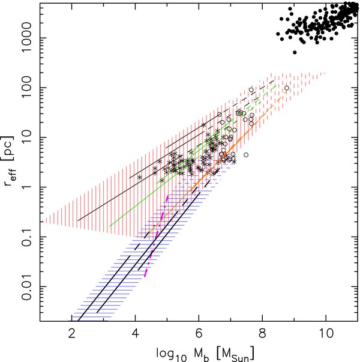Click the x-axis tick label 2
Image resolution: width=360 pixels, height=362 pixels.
[72, 334]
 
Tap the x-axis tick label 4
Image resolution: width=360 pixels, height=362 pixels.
[135, 334]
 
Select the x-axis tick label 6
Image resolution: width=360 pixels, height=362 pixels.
[199, 334]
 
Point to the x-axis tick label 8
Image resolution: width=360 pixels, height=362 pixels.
[262, 334]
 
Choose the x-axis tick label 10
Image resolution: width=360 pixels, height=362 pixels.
[325, 334]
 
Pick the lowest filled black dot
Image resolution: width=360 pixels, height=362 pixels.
[295, 53]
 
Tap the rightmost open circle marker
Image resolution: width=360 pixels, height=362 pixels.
[287, 88]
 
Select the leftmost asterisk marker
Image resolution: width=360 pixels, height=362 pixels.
[140, 177]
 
